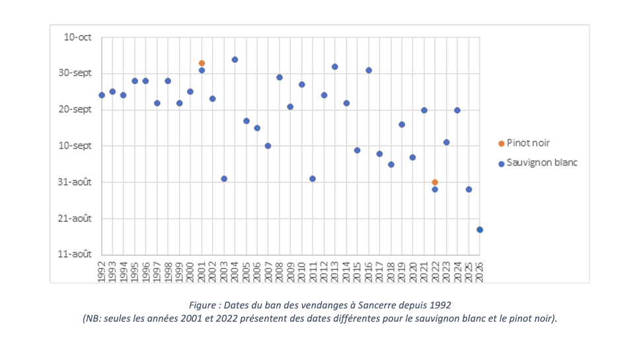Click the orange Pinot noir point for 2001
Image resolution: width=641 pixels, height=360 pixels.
pos(202,63)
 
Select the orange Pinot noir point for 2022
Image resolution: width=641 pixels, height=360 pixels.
pos(435,182)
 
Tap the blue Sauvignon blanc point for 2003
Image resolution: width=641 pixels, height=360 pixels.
pos(224,179)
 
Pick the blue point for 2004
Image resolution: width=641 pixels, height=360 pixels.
pos(235,59)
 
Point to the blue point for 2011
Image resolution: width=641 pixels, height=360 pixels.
pos(313,179)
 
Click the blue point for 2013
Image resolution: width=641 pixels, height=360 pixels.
pos(335,67)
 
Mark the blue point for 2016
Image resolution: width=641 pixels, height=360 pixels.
pos(369,70)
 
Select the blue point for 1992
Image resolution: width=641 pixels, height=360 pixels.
pos(102,95)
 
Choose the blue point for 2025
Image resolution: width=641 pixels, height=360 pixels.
pos(469,190)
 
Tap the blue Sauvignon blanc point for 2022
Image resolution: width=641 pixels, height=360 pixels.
pos(435,190)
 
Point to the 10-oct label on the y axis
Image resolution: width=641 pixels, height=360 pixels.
pos(78,37)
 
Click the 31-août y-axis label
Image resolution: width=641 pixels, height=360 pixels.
pos(75,182)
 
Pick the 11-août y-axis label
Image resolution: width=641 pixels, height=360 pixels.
pos(75,254)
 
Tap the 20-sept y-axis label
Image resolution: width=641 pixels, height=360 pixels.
pos(75,110)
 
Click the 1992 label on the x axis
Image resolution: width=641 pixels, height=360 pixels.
pos(102,271)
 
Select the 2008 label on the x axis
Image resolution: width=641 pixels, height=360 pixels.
pos(280,271)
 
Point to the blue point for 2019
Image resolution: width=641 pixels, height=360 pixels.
pos(402,125)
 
